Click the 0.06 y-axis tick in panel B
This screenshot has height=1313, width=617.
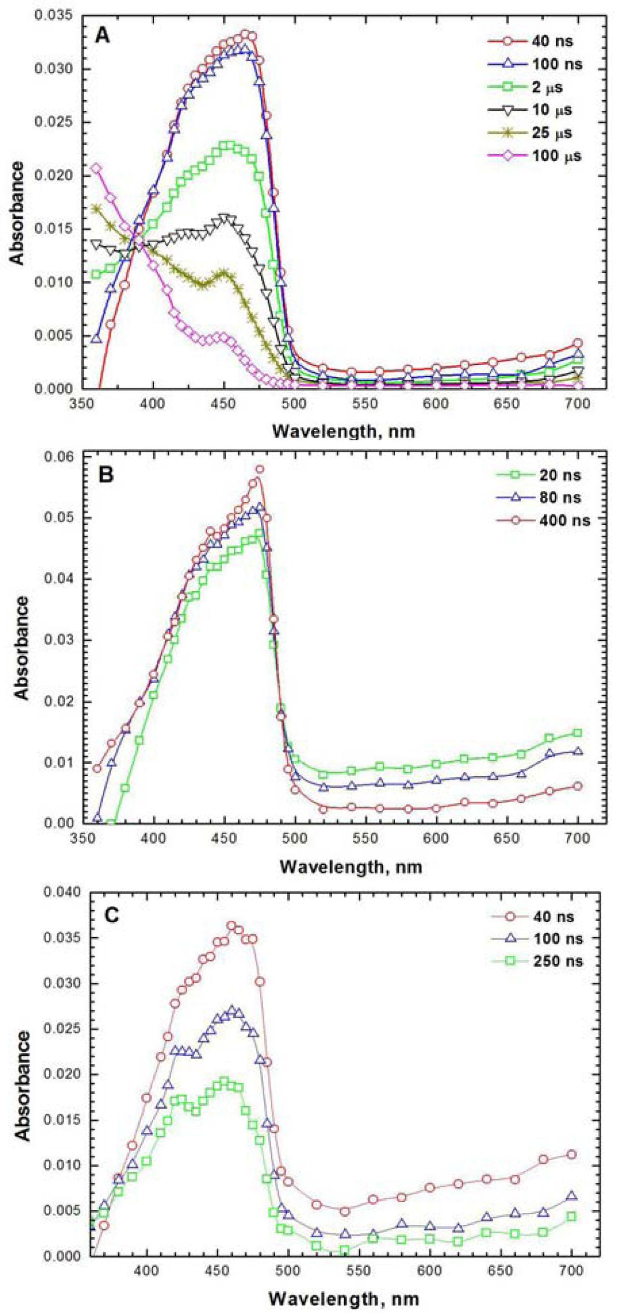(x=59, y=456)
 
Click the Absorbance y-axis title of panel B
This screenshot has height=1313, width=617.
(x=21, y=641)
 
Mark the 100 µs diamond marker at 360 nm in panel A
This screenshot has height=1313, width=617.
(x=96, y=168)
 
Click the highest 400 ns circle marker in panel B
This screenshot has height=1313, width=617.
(x=259, y=469)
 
